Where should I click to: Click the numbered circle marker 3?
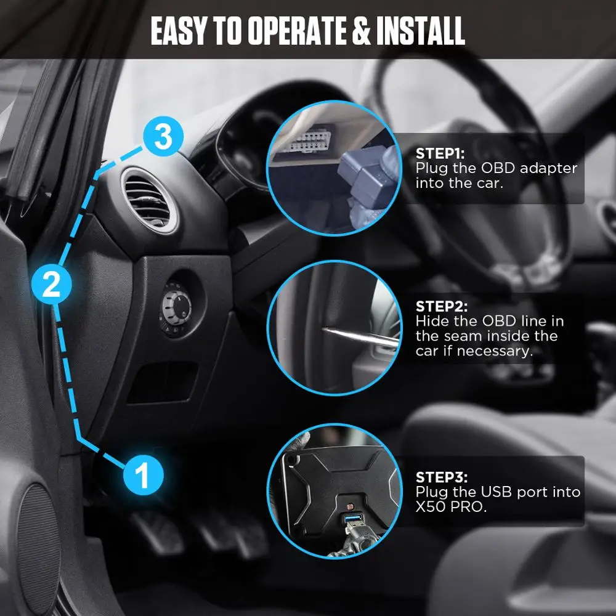point(163,137)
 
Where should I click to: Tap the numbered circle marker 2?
point(52,284)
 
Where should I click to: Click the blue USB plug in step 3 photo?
point(349,525)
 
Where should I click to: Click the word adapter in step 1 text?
point(548,168)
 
